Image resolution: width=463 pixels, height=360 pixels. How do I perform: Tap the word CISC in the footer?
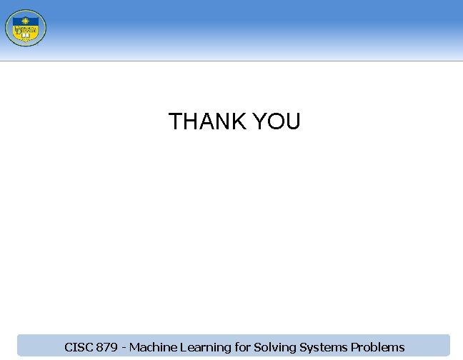(x=77, y=348)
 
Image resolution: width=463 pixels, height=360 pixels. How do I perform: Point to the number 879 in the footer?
(x=106, y=348)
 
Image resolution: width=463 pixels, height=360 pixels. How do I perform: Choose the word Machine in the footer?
(x=152, y=348)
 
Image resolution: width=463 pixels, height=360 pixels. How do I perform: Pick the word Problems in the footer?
(x=378, y=348)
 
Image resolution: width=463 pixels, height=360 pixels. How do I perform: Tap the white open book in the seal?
(x=28, y=34)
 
